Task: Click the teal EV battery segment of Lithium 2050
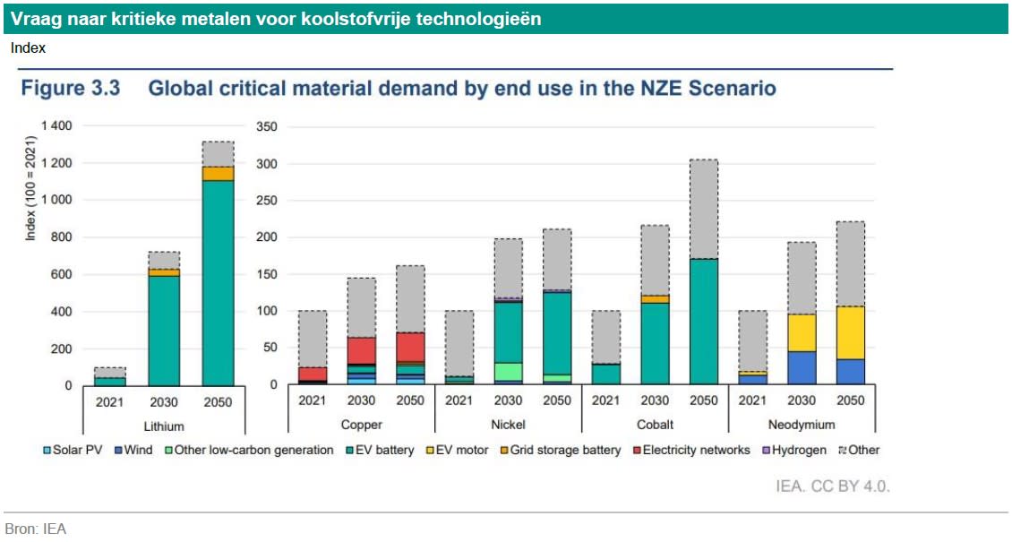[218, 282]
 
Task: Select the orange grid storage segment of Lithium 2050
[218, 173]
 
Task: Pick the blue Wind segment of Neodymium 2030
[802, 367]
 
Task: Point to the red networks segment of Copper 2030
[362, 349]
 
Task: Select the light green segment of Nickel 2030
[509, 371]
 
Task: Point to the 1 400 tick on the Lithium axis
[56, 126]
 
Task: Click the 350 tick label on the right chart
[266, 126]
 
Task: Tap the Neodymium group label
[802, 424]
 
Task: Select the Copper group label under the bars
[362, 424]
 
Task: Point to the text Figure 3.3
[71, 89]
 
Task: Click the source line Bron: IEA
[36, 529]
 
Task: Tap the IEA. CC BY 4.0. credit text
[833, 486]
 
